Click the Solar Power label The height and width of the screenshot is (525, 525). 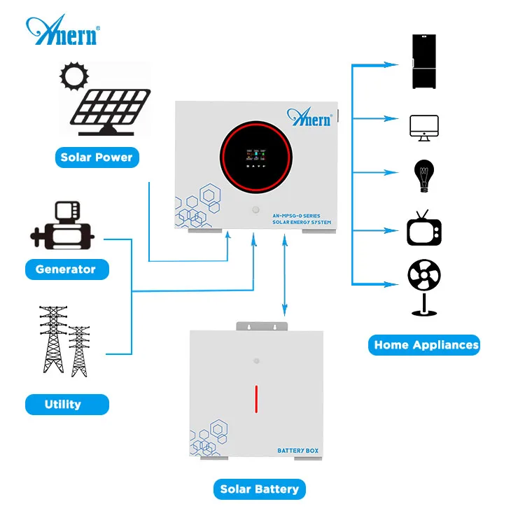pos(97,157)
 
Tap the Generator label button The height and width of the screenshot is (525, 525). pos(66,269)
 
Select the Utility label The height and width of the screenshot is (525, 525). pos(63,404)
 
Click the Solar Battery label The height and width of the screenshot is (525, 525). pos(260,489)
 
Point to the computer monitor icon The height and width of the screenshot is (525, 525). pos(424,128)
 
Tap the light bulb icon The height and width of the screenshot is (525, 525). pos(424,176)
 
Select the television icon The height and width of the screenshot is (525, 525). pos(424,228)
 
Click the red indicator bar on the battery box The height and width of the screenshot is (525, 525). pos(256,400)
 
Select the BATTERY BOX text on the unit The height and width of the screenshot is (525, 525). pos(297,451)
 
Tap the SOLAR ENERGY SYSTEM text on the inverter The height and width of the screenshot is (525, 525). pos(302,222)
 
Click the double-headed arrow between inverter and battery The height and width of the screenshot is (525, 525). pos(285,276)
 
